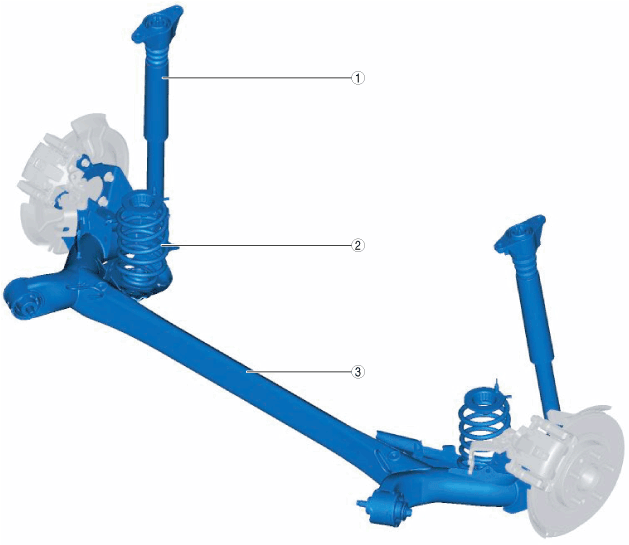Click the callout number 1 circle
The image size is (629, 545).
point(357,78)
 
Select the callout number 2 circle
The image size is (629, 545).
point(357,245)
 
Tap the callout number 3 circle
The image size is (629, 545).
point(357,372)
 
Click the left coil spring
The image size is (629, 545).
point(142,241)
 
